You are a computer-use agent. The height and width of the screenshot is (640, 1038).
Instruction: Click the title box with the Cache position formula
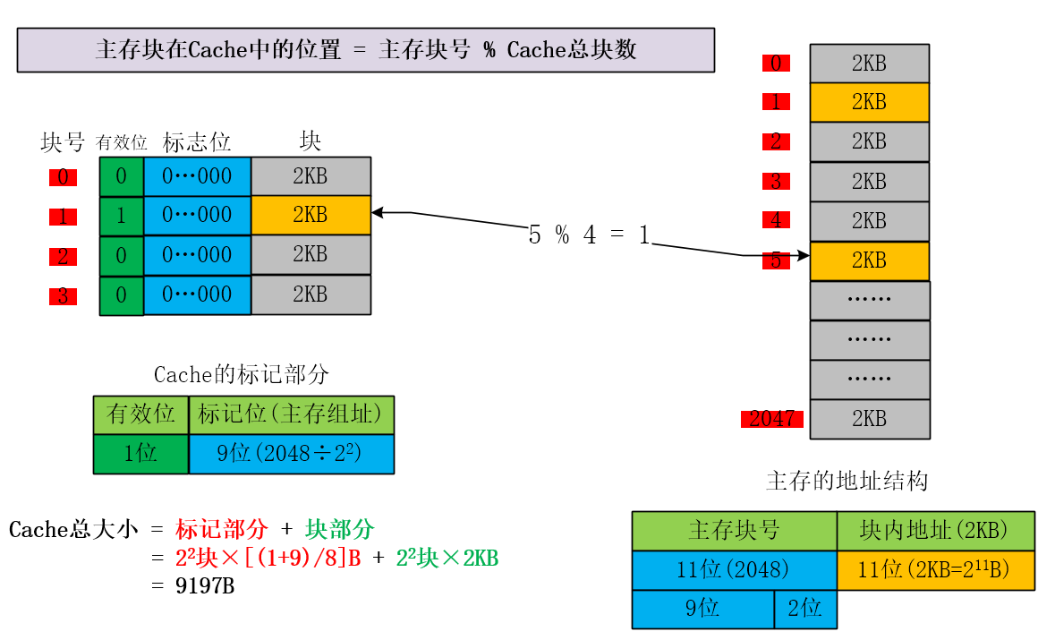click(x=365, y=50)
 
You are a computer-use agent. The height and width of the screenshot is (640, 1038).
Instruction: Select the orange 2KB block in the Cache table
click(x=311, y=216)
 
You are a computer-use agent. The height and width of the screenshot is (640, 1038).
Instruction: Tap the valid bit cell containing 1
click(x=122, y=216)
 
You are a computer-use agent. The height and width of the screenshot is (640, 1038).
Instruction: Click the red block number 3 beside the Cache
click(x=63, y=295)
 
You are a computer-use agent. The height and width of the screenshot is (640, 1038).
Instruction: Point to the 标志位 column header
click(x=197, y=142)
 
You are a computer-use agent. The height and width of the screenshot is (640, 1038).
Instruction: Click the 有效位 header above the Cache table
click(x=122, y=143)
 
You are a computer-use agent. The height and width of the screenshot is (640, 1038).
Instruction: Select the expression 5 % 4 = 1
click(x=589, y=235)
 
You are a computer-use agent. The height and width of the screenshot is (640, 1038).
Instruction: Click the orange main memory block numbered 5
click(x=869, y=260)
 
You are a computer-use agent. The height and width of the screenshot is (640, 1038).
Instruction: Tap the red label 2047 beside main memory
click(x=771, y=418)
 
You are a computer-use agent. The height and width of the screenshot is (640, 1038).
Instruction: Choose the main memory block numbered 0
click(x=869, y=64)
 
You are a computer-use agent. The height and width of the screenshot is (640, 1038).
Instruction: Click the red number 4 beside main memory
click(x=776, y=220)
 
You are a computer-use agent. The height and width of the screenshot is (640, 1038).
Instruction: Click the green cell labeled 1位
click(x=140, y=454)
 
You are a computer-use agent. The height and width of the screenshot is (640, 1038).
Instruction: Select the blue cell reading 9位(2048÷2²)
click(x=291, y=454)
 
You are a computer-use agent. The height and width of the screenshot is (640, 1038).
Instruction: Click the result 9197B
click(x=205, y=586)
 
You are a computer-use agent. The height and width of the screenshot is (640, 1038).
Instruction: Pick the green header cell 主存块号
click(x=734, y=531)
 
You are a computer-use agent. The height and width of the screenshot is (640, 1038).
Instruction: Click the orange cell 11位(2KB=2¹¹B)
click(x=934, y=570)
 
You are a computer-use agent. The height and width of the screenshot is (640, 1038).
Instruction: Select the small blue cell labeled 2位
click(x=804, y=609)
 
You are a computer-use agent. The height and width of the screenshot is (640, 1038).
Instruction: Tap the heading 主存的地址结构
click(x=847, y=481)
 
